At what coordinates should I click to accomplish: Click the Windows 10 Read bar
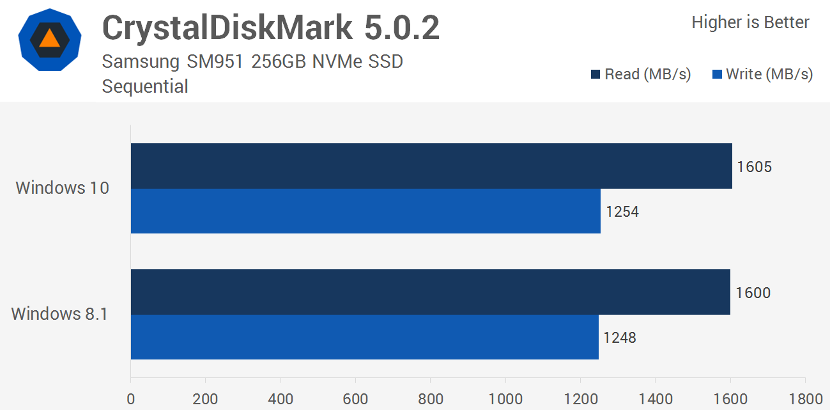[x=431, y=166]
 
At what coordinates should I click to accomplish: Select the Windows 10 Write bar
[x=365, y=211]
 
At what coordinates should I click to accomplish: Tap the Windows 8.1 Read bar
[x=430, y=292]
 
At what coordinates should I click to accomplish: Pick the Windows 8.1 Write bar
[x=364, y=337]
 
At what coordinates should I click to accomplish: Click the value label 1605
[x=754, y=167]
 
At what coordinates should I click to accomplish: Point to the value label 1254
[x=622, y=211]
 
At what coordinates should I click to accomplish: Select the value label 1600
[x=753, y=293]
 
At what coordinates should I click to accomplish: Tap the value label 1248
[x=620, y=337]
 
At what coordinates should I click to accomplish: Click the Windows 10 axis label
[x=63, y=188]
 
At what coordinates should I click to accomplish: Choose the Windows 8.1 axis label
[x=60, y=314]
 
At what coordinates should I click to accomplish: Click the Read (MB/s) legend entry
[x=641, y=74]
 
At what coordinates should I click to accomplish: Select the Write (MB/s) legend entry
[x=762, y=74]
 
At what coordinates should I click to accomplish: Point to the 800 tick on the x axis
[x=431, y=399]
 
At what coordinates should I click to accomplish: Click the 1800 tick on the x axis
[x=805, y=399]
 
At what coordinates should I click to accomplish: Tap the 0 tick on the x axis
[x=131, y=399]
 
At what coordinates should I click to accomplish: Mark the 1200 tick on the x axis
[x=580, y=399]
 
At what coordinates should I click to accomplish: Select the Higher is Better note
[x=750, y=22]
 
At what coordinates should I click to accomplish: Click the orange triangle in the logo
[x=49, y=38]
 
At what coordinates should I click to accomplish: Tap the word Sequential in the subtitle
[x=145, y=86]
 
